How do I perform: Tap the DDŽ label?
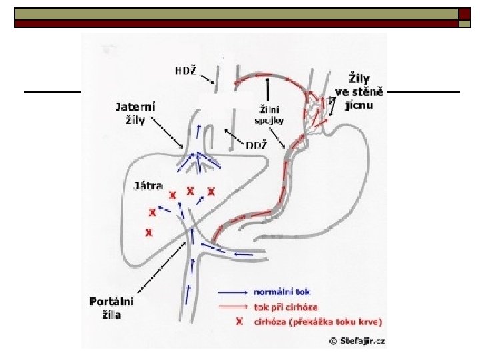(x=257, y=145)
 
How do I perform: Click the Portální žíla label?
(x=111, y=308)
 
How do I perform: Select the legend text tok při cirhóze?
(x=285, y=307)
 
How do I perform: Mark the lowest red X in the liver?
(x=149, y=233)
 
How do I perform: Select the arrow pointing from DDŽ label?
(x=235, y=137)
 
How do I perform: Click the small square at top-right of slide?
(x=464, y=23)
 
